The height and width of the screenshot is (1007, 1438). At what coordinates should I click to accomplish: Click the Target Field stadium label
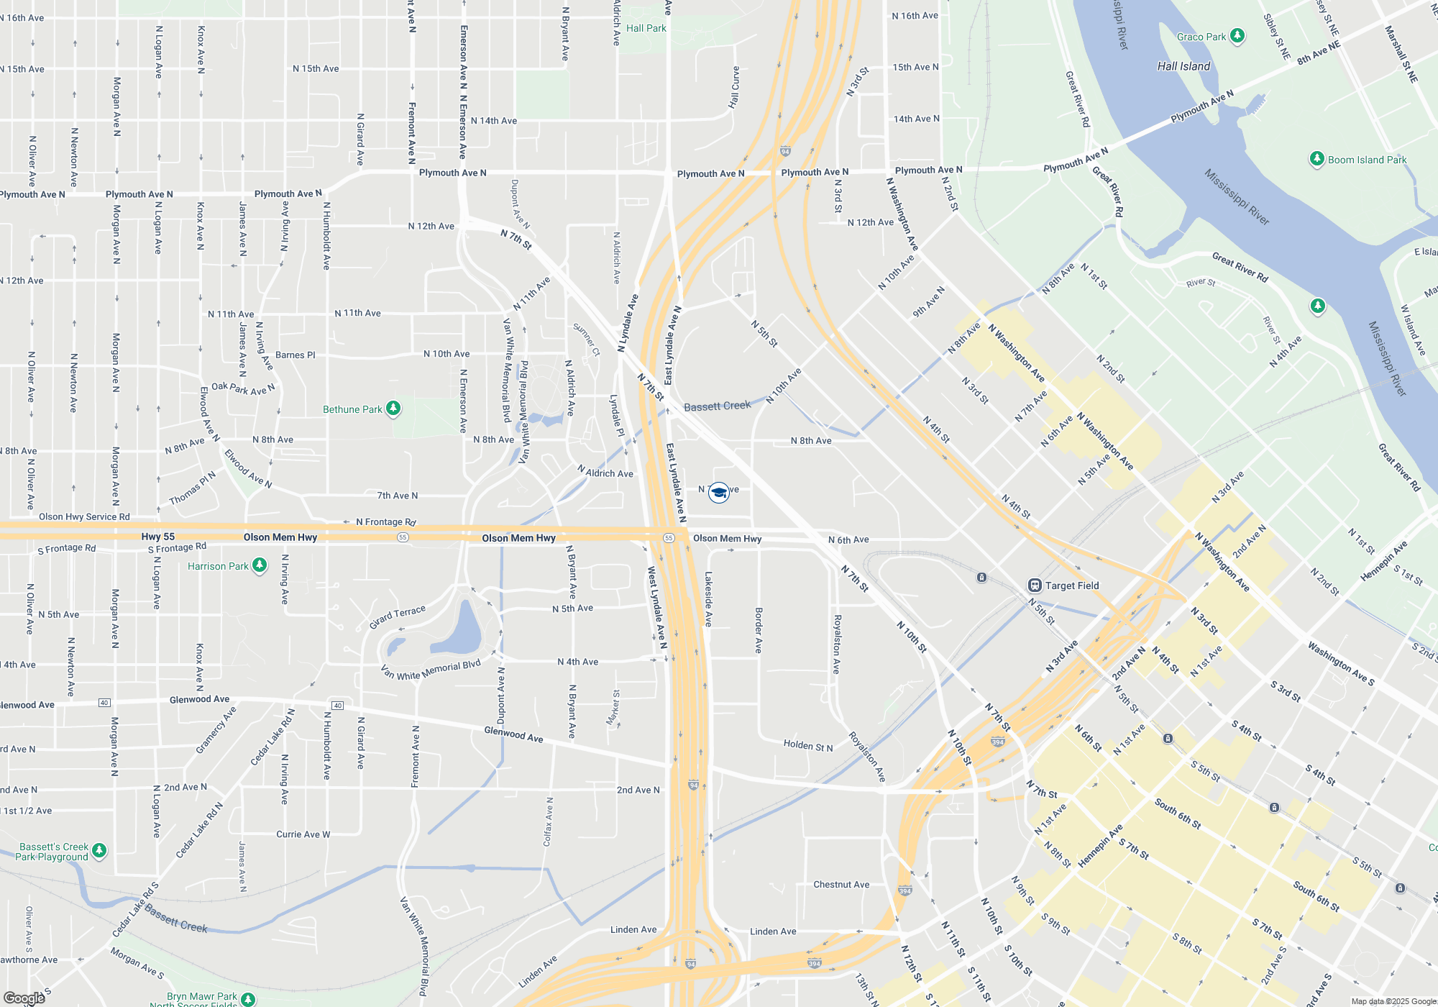coord(1071,585)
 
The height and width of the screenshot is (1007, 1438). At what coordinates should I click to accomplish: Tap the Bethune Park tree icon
coord(393,409)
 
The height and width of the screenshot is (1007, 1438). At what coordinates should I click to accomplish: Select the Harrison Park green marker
coord(260,565)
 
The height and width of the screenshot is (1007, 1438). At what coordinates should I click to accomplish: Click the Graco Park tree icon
coord(1237,36)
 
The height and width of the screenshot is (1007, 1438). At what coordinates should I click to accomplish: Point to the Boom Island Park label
coord(1367,160)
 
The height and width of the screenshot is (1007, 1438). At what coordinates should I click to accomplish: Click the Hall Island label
coord(1183,66)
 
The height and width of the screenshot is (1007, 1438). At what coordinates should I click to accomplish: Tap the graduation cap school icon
coord(718,492)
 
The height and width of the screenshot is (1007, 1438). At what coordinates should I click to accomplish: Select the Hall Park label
coord(646,28)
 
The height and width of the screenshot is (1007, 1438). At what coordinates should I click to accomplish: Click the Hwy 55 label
coord(157,537)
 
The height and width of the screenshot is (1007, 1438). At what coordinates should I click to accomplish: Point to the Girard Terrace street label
coord(398,616)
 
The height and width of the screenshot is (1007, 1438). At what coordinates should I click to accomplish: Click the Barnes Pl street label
coord(295,355)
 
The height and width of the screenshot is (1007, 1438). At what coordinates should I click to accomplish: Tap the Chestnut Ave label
coord(841,885)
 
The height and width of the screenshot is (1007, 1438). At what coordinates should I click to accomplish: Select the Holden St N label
coord(808,746)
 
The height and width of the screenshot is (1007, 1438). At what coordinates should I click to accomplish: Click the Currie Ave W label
coord(303,834)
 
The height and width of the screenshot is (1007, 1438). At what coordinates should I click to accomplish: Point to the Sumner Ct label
coord(587,339)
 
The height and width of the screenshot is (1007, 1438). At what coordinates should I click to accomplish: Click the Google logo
coord(24,998)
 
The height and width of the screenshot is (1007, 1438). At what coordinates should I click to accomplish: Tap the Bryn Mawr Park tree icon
coord(248,998)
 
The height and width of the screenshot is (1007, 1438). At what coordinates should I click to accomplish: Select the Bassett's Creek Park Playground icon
coord(99,851)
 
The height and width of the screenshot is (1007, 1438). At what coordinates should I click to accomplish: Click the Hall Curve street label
coord(734,87)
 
